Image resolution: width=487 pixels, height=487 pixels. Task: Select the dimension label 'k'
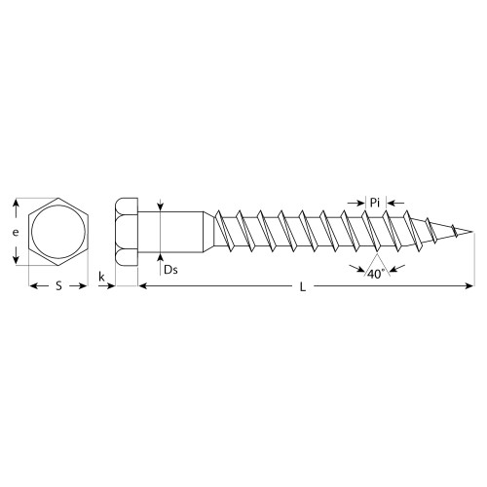(x=102, y=278)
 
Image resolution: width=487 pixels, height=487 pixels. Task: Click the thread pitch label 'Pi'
(x=374, y=202)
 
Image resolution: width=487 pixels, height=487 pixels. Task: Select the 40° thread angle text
(x=374, y=275)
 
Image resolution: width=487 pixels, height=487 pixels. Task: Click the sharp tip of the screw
(x=473, y=232)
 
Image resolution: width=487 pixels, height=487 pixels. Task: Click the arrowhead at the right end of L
(x=468, y=285)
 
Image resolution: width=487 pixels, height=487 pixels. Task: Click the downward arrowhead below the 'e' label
(x=15, y=261)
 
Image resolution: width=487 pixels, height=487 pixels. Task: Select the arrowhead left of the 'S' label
(x=31, y=285)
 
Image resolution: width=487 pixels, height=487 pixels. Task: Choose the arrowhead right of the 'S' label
(x=84, y=285)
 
